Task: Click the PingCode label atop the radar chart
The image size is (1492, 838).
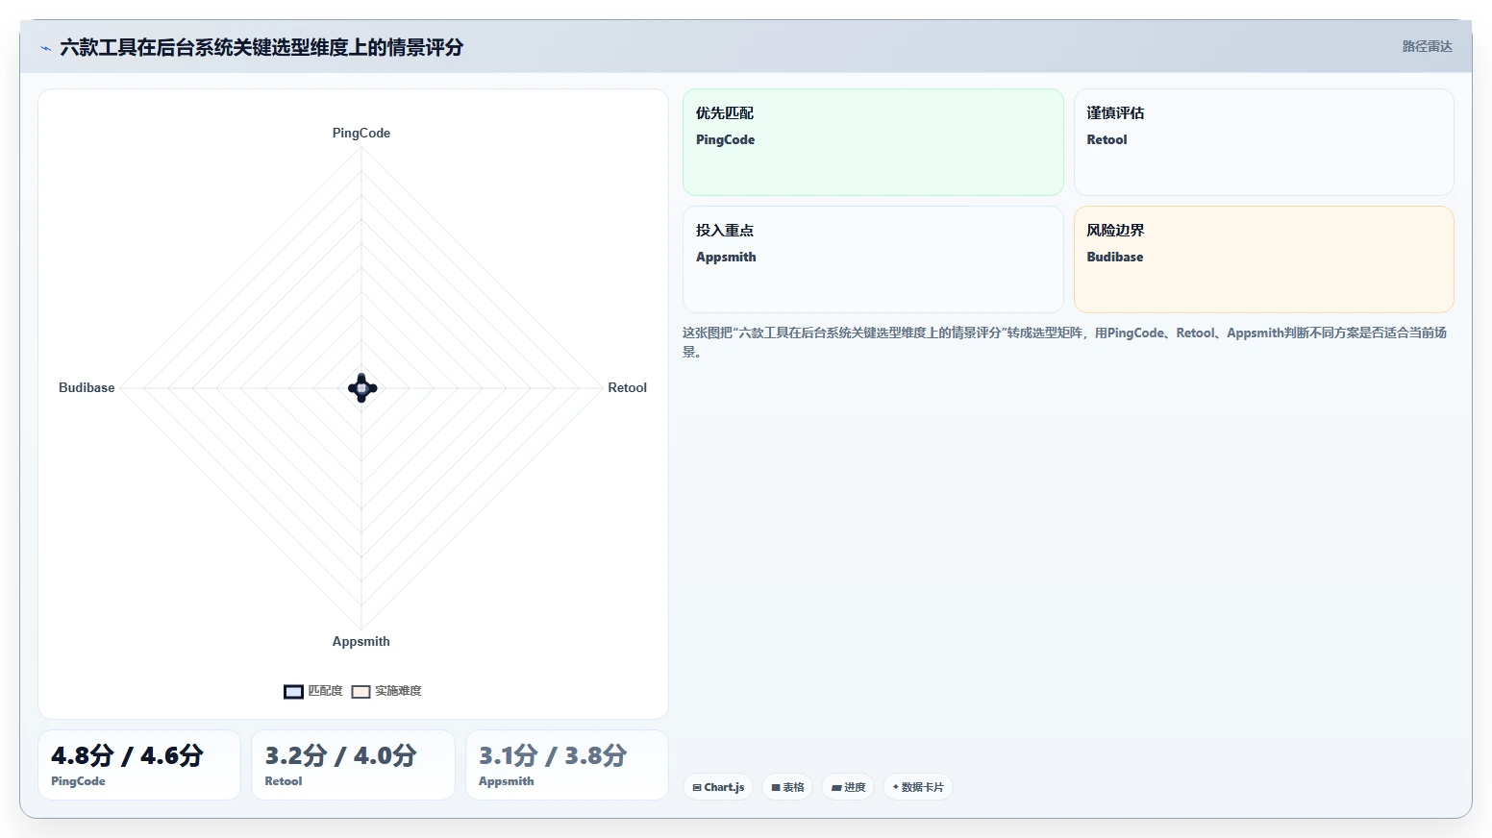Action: pyautogui.click(x=361, y=134)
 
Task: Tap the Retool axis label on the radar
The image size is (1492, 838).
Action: pyautogui.click(x=627, y=387)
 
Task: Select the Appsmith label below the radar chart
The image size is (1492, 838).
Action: pyautogui.click(x=361, y=641)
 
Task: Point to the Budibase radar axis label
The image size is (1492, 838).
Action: pyautogui.click(x=87, y=387)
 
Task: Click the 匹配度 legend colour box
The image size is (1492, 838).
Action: pyautogui.click(x=293, y=692)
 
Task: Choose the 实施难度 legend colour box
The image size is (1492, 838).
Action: pyautogui.click(x=361, y=692)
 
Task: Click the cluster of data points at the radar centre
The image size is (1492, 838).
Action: pyautogui.click(x=362, y=387)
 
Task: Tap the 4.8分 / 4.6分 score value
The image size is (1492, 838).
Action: pyautogui.click(x=127, y=755)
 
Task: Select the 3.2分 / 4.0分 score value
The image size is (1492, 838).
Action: pyautogui.click(x=340, y=755)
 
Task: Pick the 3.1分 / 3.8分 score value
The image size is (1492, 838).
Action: pyautogui.click(x=553, y=755)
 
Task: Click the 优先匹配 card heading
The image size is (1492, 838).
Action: pyautogui.click(x=725, y=113)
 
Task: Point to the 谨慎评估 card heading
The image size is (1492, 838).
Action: pyautogui.click(x=1116, y=113)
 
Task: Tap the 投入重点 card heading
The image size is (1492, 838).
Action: pyautogui.click(x=725, y=231)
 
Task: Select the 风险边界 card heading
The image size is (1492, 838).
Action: pyautogui.click(x=1116, y=231)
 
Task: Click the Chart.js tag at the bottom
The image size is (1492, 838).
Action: pyautogui.click(x=718, y=787)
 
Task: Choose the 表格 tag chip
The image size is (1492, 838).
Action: pyautogui.click(x=787, y=787)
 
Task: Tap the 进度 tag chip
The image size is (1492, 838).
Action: pyautogui.click(x=848, y=787)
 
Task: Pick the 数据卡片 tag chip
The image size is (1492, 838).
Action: pyautogui.click(x=918, y=787)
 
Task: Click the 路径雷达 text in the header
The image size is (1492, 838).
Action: pyautogui.click(x=1428, y=46)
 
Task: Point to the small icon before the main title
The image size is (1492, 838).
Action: pyautogui.click(x=45, y=48)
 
